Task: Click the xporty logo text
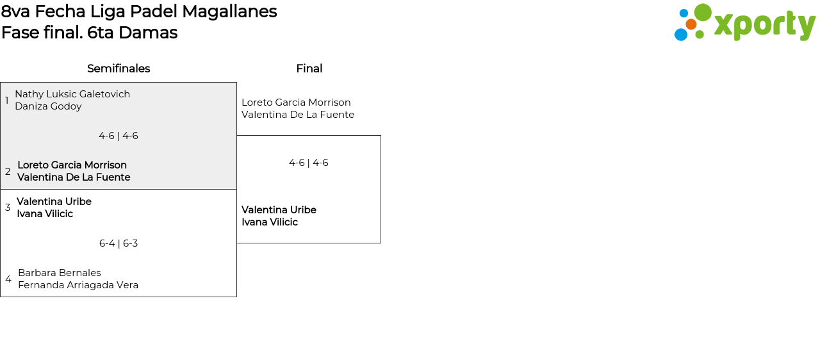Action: click(764, 25)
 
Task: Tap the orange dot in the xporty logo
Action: click(691, 24)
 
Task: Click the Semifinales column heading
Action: click(119, 69)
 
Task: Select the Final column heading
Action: click(309, 69)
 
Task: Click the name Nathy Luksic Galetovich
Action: click(72, 94)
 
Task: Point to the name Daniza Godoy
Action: click(48, 106)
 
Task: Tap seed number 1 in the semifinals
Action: click(7, 101)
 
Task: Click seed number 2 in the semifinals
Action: click(8, 172)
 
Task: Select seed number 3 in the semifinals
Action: click(8, 208)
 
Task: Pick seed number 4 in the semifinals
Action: click(8, 279)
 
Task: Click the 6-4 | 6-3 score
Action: click(119, 243)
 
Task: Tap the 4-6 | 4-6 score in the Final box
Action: click(309, 163)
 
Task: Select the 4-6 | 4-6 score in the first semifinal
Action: click(119, 136)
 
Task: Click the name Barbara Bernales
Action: click(60, 273)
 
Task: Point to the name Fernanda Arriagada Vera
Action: click(78, 285)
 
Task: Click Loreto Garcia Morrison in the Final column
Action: click(296, 102)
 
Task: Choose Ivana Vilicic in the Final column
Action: click(270, 222)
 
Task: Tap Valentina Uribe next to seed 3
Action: click(54, 202)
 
